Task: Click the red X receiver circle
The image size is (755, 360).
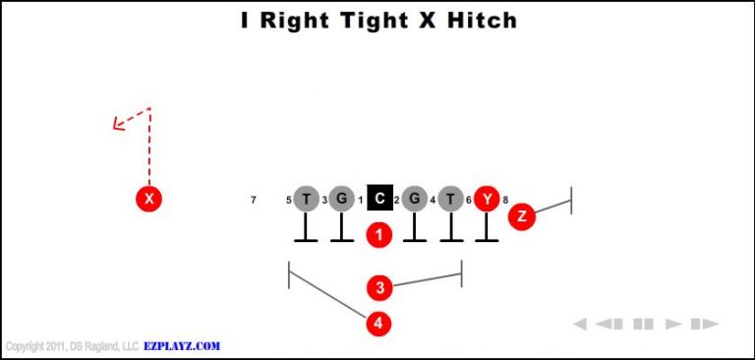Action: [x=148, y=200]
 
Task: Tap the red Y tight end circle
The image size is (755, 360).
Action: [x=487, y=200]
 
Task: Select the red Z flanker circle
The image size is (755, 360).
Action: [x=521, y=216]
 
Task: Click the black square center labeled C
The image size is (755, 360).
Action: [x=379, y=199]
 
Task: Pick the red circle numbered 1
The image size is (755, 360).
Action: [x=379, y=235]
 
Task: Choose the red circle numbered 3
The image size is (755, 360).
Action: [x=379, y=288]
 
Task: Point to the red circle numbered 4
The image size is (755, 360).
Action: [x=379, y=323]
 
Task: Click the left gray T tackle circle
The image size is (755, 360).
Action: [x=307, y=200]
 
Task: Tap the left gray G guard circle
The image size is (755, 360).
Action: [x=341, y=200]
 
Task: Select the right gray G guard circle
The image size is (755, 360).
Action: [x=415, y=200]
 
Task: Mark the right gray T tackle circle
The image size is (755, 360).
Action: [x=450, y=200]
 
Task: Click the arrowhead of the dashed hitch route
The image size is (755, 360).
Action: [x=117, y=124]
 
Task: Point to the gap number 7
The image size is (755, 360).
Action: [x=254, y=201]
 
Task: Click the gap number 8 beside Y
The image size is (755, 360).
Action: [x=505, y=201]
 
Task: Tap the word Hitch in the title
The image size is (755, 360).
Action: [x=476, y=20]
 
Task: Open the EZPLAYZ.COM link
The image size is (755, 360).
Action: [x=182, y=346]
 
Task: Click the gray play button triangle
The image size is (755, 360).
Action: [x=673, y=324]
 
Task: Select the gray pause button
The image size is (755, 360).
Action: [x=644, y=324]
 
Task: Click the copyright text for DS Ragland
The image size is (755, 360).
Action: [x=71, y=346]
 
